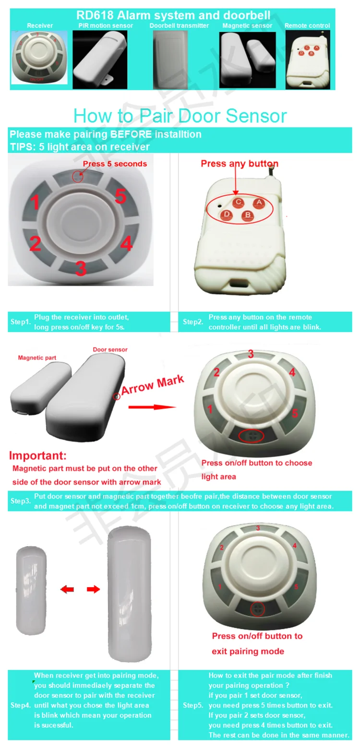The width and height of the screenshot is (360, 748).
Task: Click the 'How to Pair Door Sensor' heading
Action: coord(180,116)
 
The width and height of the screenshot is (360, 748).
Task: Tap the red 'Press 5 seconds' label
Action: coord(115,164)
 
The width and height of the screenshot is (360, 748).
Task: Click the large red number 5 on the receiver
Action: coord(120,196)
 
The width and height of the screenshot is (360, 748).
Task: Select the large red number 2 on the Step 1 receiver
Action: coord(35,244)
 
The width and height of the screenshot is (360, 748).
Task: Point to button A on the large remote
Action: coord(258,203)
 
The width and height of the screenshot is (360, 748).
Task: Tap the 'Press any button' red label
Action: coord(239,164)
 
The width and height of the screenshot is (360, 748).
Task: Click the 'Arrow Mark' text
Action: coord(152,385)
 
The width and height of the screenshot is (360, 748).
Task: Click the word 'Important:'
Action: coord(38,455)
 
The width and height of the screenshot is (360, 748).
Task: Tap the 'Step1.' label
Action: coord(21,322)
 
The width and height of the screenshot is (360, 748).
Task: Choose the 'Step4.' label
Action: coord(21,705)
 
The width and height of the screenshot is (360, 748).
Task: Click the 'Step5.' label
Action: coord(193,705)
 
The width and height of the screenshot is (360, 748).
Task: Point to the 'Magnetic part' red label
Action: coord(37,357)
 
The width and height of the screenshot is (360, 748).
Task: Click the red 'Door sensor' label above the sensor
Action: coord(110,350)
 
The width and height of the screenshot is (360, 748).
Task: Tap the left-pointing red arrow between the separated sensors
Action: coord(67,589)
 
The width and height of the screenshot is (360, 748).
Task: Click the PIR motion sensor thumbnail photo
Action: coord(100,59)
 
